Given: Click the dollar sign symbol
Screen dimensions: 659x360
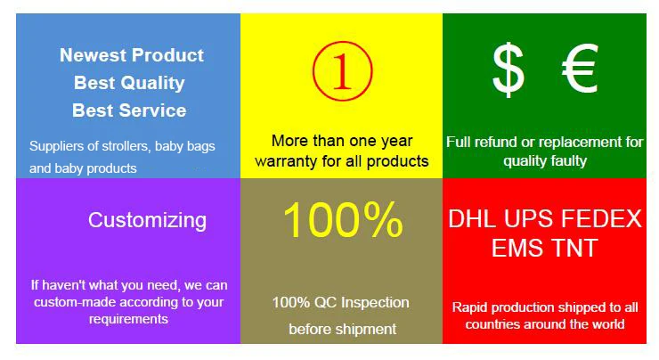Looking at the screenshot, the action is [x=508, y=70].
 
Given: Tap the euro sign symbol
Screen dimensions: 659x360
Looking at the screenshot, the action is [x=580, y=68].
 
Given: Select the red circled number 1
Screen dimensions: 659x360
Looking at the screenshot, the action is [x=343, y=71].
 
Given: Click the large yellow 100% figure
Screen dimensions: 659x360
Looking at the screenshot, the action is [x=343, y=220].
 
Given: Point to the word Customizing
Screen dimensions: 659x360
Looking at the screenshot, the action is [x=147, y=220].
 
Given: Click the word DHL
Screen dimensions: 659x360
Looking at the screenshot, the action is [x=472, y=218].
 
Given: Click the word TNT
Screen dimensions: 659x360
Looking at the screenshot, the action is [x=574, y=248].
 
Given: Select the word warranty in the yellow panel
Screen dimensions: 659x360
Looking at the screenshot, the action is [x=286, y=161].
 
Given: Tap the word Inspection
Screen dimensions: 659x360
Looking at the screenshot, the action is [x=375, y=303].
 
